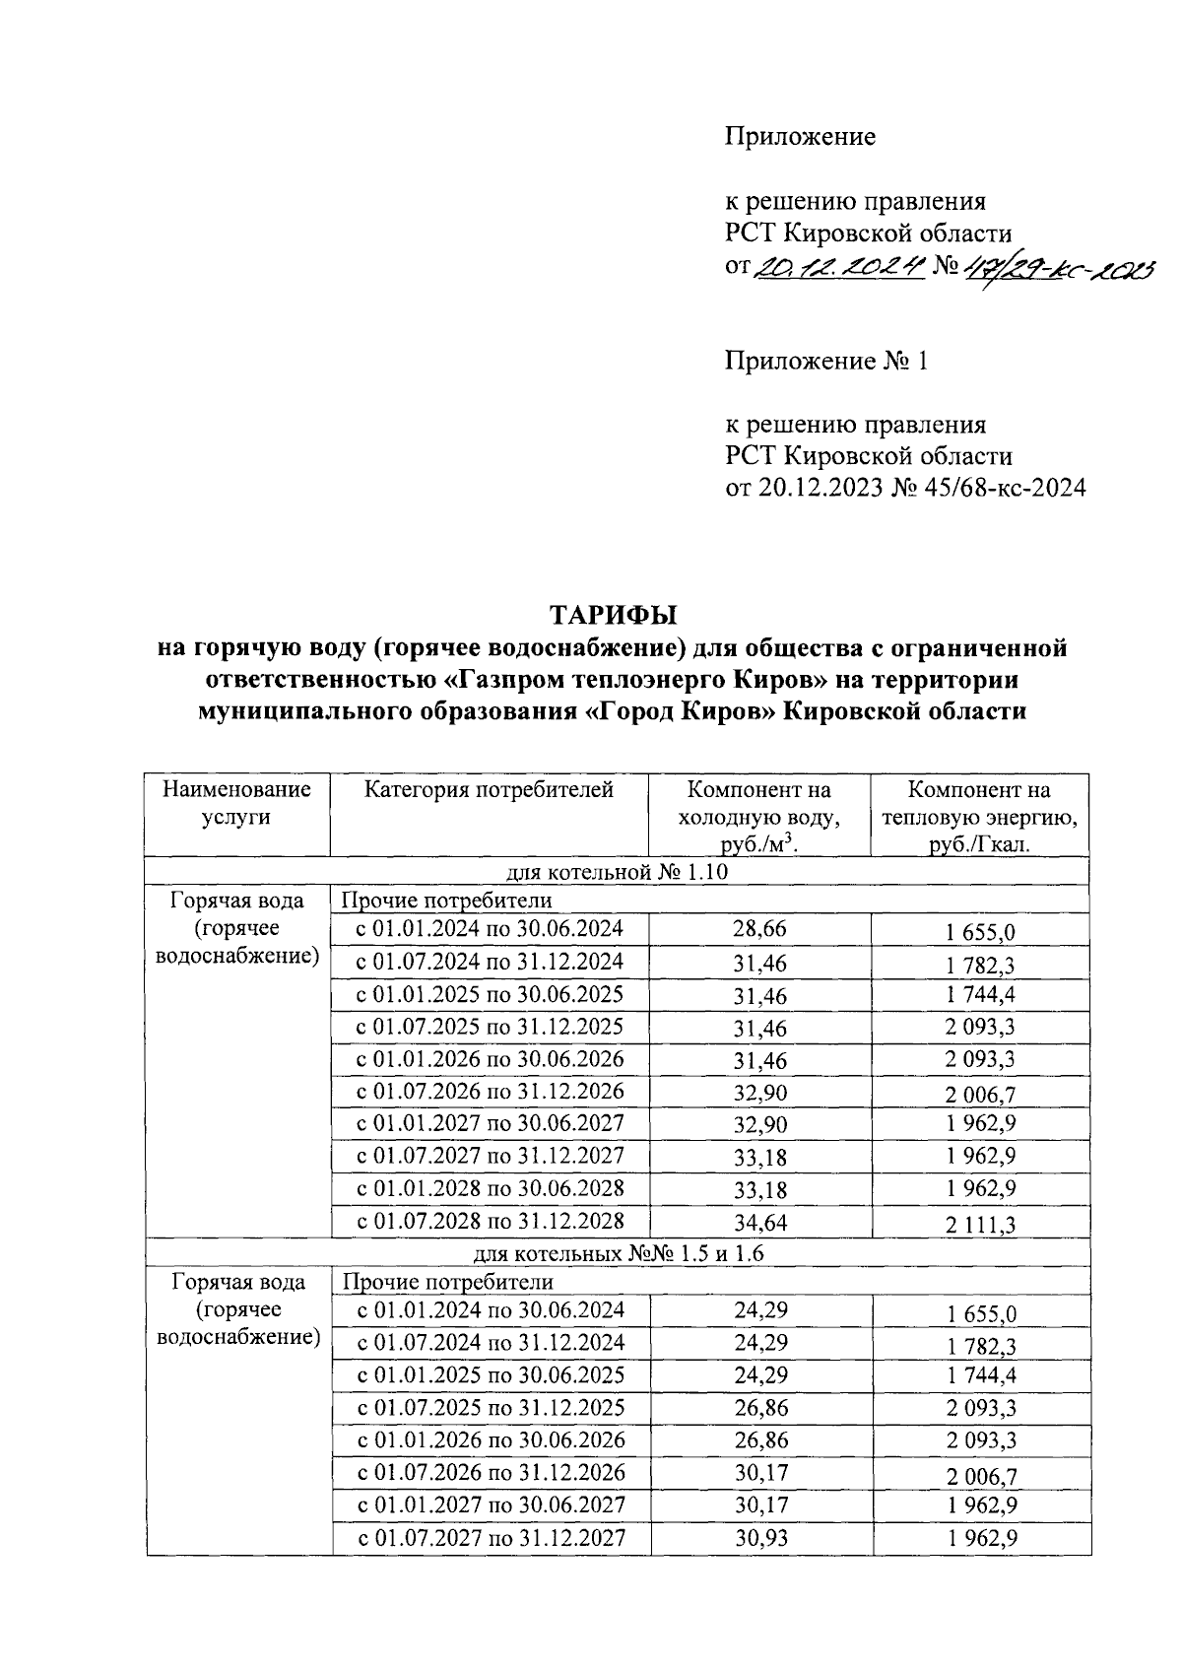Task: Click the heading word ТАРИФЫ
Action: coord(614,616)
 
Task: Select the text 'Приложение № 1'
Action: coord(826,362)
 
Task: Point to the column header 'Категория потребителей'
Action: coord(490,790)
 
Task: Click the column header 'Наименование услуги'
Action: coord(236,803)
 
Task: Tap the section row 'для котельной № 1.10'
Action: coord(617,872)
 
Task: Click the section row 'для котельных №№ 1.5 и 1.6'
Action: coord(617,1253)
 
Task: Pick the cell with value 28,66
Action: coord(759,929)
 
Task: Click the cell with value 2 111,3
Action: coord(980,1225)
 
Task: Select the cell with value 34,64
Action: coord(759,1223)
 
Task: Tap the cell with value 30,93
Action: coord(759,1538)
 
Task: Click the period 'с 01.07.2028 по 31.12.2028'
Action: coord(490,1221)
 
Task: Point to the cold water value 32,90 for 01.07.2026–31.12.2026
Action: coord(759,1092)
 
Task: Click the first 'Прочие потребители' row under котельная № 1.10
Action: coord(446,901)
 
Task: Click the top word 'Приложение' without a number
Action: coord(800,137)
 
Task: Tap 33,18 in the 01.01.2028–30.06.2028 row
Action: coord(759,1190)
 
